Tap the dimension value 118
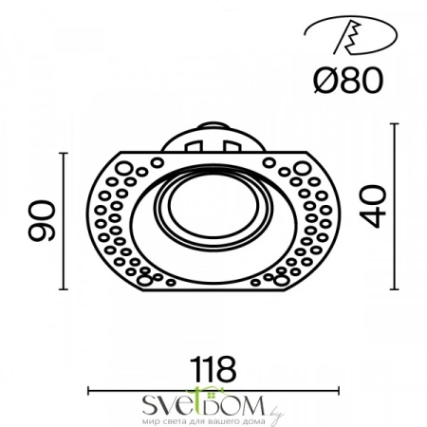214,369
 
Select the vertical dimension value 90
42,220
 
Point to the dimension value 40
373,206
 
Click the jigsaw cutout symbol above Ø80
350,35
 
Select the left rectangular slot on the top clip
194,146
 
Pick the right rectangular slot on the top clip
232,146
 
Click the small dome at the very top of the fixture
213,125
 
